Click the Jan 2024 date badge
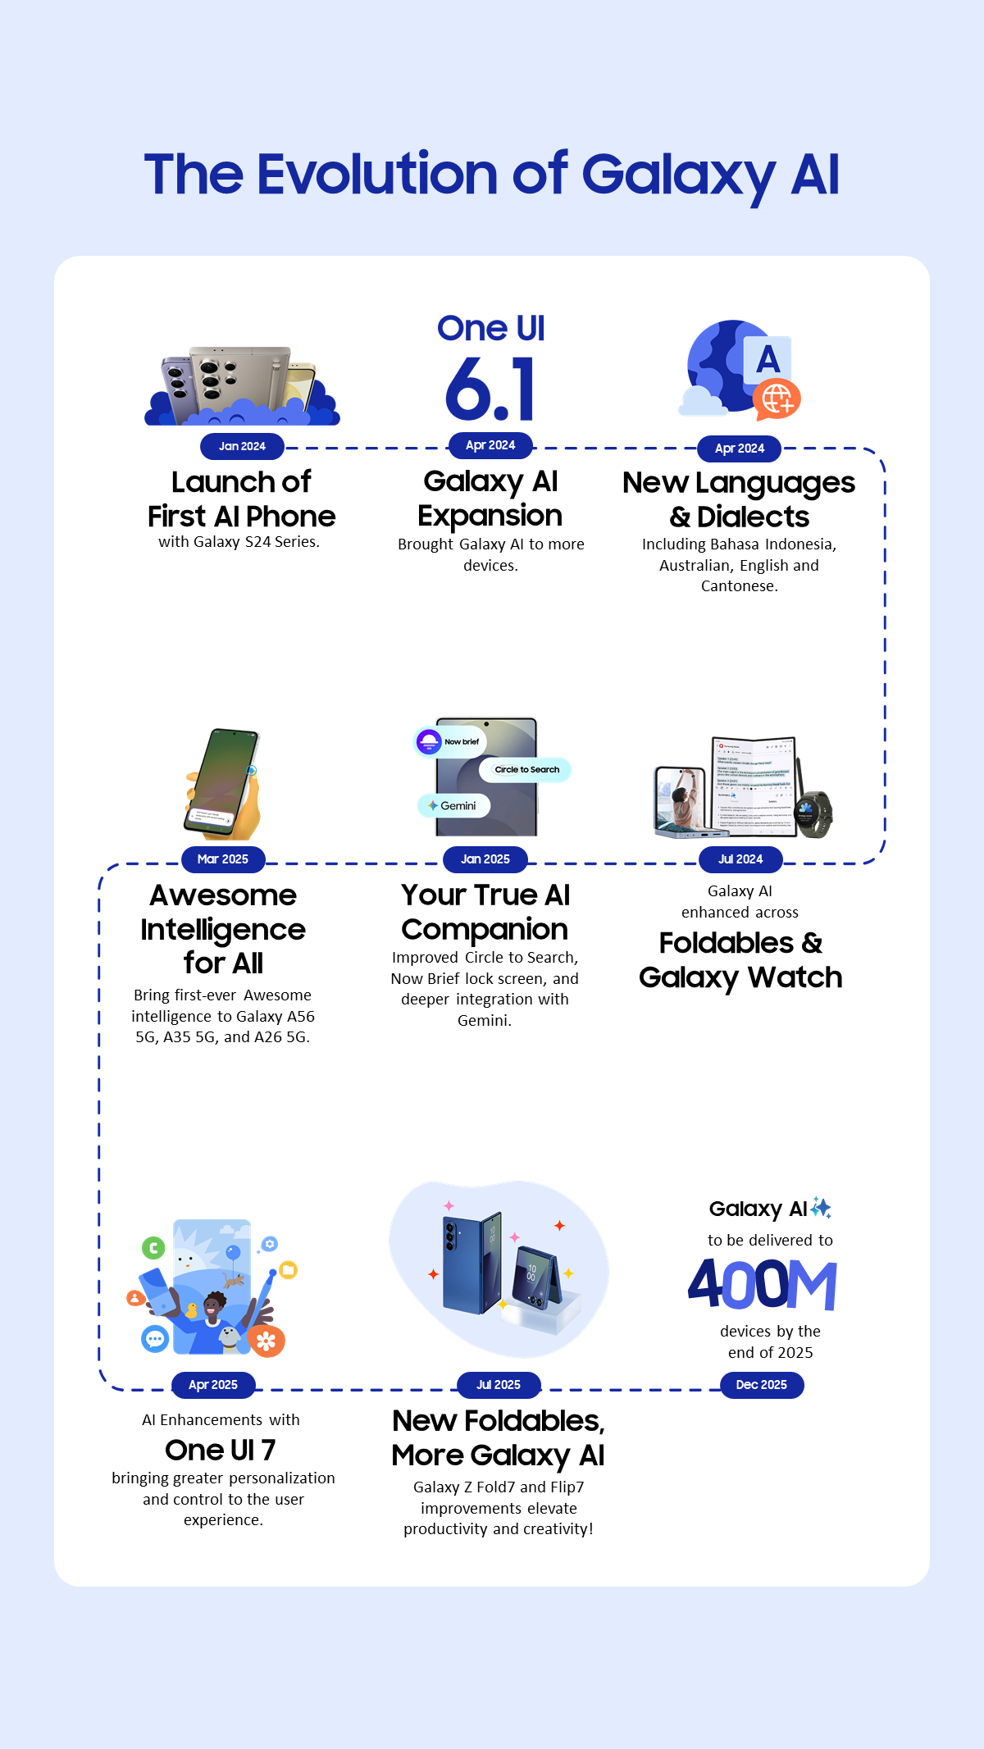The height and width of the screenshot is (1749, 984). tap(242, 446)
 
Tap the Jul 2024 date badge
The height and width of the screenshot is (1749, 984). tap(740, 859)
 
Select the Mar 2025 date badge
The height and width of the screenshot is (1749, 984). tap(223, 859)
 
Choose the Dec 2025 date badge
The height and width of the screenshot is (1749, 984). tap(761, 1384)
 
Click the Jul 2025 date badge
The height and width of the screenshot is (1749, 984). tap(499, 1384)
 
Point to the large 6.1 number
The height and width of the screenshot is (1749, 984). tap(490, 389)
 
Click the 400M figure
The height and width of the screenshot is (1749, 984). tap(762, 1284)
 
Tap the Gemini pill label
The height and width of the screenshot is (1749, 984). tap(453, 805)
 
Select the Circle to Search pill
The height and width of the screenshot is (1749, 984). tap(526, 769)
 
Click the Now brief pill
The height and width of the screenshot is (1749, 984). tap(450, 741)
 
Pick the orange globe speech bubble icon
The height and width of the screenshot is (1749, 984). tap(777, 399)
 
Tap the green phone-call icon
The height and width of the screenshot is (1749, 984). tap(153, 1248)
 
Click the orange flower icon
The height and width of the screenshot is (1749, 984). tap(266, 1341)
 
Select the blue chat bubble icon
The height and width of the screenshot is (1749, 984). tap(155, 1338)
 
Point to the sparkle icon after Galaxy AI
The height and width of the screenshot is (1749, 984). tap(821, 1208)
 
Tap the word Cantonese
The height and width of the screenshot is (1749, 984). tap(739, 585)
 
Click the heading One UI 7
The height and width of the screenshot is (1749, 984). tap(220, 1450)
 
